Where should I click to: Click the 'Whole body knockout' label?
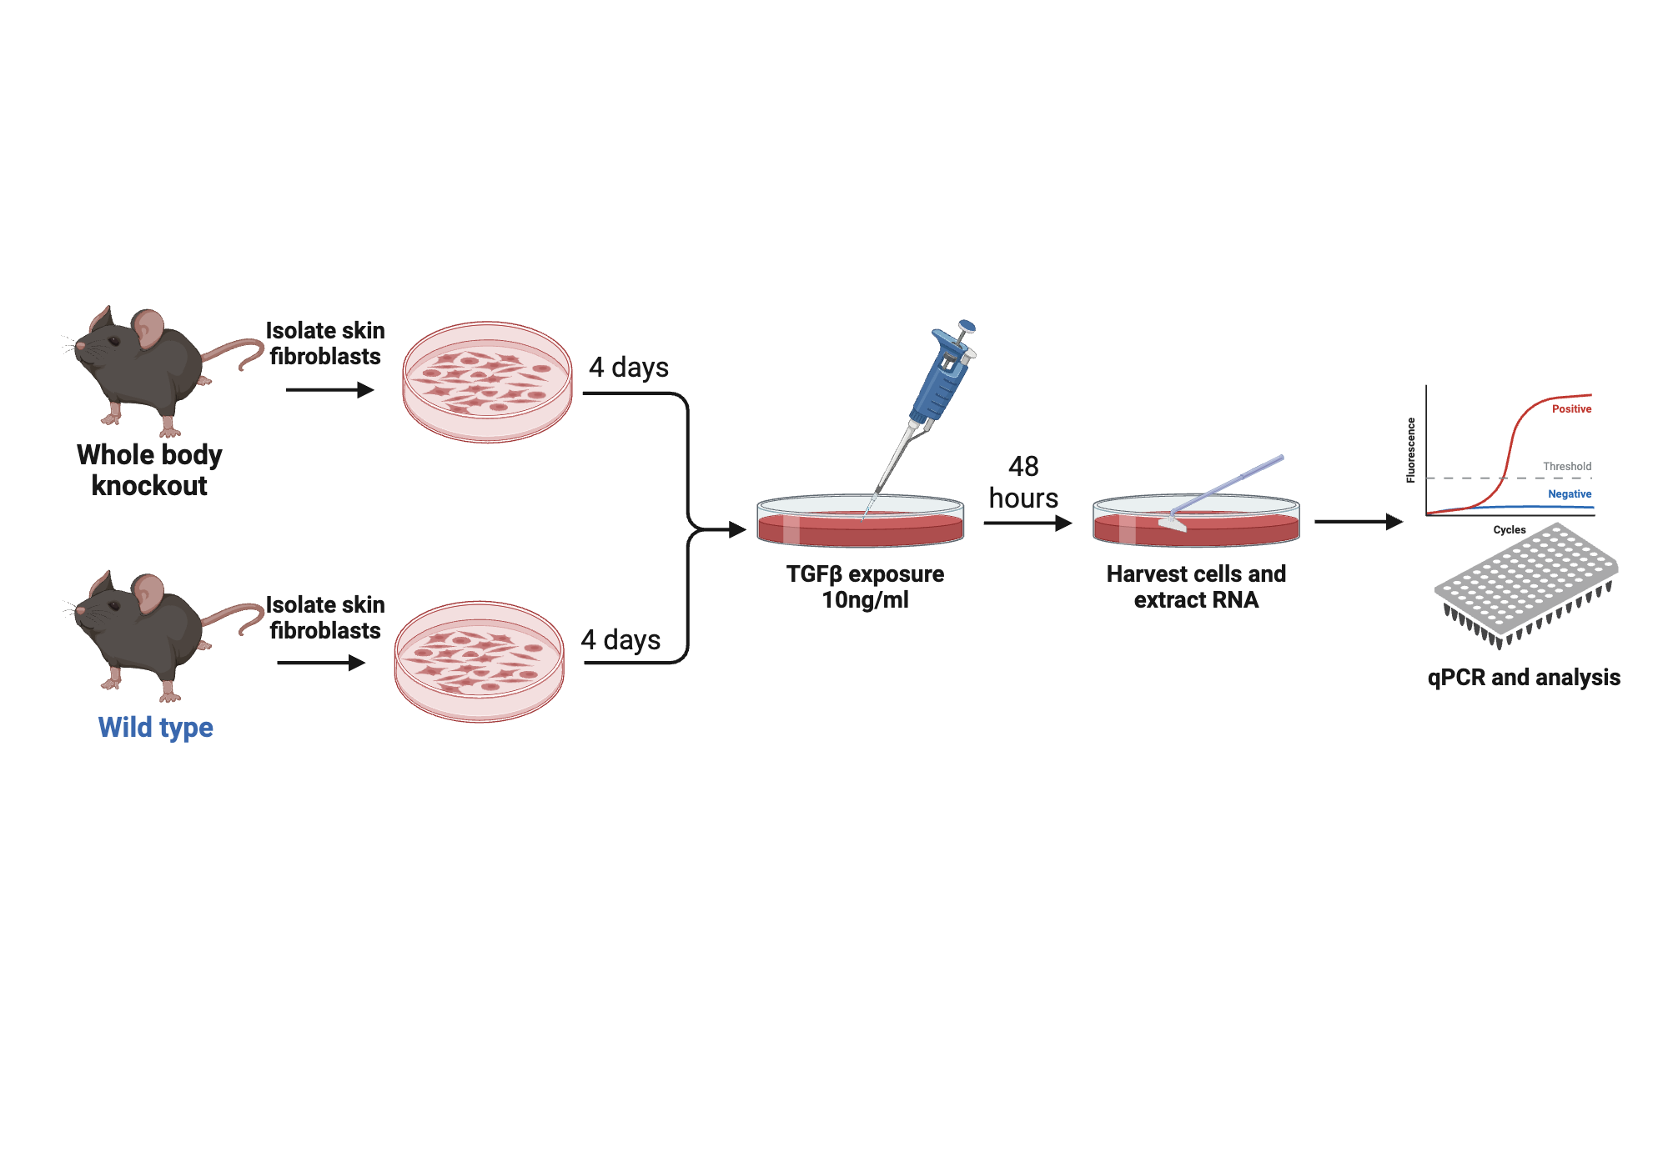(149, 470)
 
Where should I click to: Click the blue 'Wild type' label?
(155, 727)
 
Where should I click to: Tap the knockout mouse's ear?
(149, 328)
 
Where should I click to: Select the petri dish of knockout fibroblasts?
(487, 382)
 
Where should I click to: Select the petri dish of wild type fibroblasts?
(479, 661)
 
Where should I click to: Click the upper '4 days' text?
(628, 367)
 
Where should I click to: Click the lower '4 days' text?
(620, 640)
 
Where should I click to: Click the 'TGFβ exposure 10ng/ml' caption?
(865, 587)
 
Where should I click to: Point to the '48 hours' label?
(1023, 482)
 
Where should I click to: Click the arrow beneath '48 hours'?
(1027, 523)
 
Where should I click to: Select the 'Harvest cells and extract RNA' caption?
(1196, 587)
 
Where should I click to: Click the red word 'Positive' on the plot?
(1571, 408)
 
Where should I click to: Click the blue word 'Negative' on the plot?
(1569, 493)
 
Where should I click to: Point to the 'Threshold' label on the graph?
(1566, 466)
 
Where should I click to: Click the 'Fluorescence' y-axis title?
(1410, 450)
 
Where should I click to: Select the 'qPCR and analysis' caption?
(1524, 677)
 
